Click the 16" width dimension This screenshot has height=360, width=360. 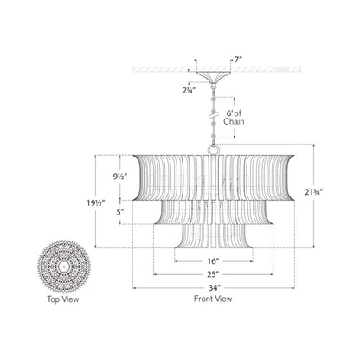[212, 259]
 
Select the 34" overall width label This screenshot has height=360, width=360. [212, 286]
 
